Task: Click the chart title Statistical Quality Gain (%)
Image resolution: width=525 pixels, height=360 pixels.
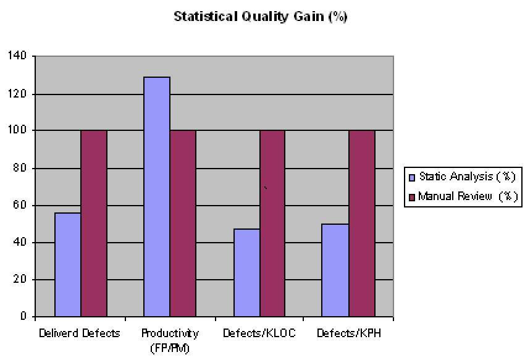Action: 260,17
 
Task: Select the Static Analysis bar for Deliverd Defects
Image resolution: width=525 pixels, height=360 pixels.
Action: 68,265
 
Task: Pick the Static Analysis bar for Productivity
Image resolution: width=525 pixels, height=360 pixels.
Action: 157,197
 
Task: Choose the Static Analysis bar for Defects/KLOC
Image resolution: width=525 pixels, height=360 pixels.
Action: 246,273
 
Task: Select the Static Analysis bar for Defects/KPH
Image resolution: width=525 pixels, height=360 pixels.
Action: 336,270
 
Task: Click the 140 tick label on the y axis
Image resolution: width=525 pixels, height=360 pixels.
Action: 18,56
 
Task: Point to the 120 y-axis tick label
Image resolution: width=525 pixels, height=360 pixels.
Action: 18,94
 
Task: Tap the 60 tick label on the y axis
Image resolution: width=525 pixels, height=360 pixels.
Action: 20,205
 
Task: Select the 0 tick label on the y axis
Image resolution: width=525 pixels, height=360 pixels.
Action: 23,317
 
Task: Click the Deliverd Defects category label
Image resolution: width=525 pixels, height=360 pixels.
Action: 79,333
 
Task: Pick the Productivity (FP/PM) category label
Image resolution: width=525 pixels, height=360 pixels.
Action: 170,339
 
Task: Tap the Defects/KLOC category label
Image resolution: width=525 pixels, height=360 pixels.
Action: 259,333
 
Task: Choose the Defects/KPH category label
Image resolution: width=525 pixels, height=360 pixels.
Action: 348,333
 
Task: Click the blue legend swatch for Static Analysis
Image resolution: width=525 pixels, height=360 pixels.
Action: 412,177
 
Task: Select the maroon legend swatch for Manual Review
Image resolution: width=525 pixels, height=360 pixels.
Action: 412,198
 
